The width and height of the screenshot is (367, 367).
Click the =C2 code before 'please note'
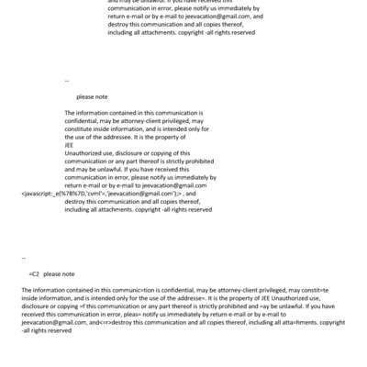click(34, 273)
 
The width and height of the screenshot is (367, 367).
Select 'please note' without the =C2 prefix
click(92, 95)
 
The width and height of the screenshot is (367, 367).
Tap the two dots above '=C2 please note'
click(23, 258)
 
